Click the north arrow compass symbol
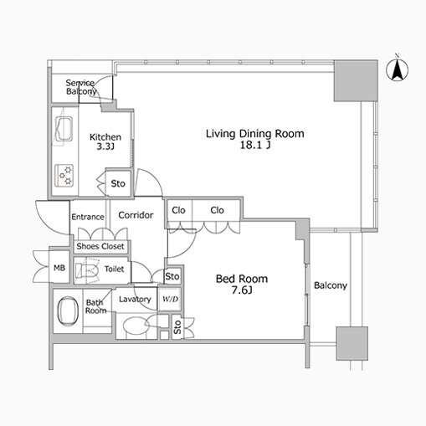[398, 71]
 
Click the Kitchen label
[106, 137]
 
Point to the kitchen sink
[64, 130]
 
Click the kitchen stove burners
[64, 174]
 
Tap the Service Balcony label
[81, 88]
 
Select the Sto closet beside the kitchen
[118, 183]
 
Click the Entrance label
[87, 217]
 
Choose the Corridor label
[136, 216]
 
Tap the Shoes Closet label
[100, 246]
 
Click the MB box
[59, 268]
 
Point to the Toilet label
[114, 269]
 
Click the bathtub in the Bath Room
[67, 312]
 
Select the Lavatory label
[134, 299]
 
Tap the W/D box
[170, 299]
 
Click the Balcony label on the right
[331, 285]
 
